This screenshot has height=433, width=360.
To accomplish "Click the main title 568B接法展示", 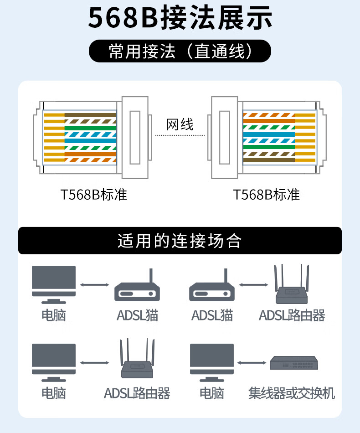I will [180, 18].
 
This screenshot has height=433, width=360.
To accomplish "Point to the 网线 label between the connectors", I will [180, 124].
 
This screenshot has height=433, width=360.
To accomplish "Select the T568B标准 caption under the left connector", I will [94, 195].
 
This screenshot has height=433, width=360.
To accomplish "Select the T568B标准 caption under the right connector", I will [267, 195].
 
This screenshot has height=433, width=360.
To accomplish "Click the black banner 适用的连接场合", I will [180, 241].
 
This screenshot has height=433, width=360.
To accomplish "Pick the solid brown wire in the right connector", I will [269, 160].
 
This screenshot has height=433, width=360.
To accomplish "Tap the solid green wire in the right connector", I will [269, 147].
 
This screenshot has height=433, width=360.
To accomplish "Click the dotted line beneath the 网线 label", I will [180, 135].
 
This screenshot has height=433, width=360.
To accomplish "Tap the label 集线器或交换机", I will [292, 393].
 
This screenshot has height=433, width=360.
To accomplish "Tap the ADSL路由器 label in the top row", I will [292, 315].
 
